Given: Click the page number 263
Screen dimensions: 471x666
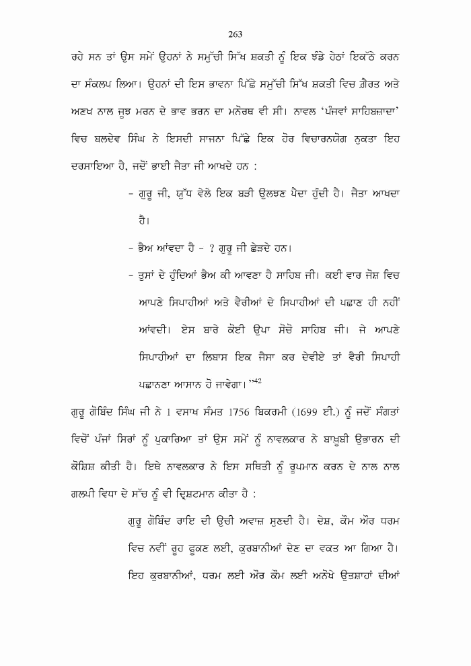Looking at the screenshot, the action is point(235,34).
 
